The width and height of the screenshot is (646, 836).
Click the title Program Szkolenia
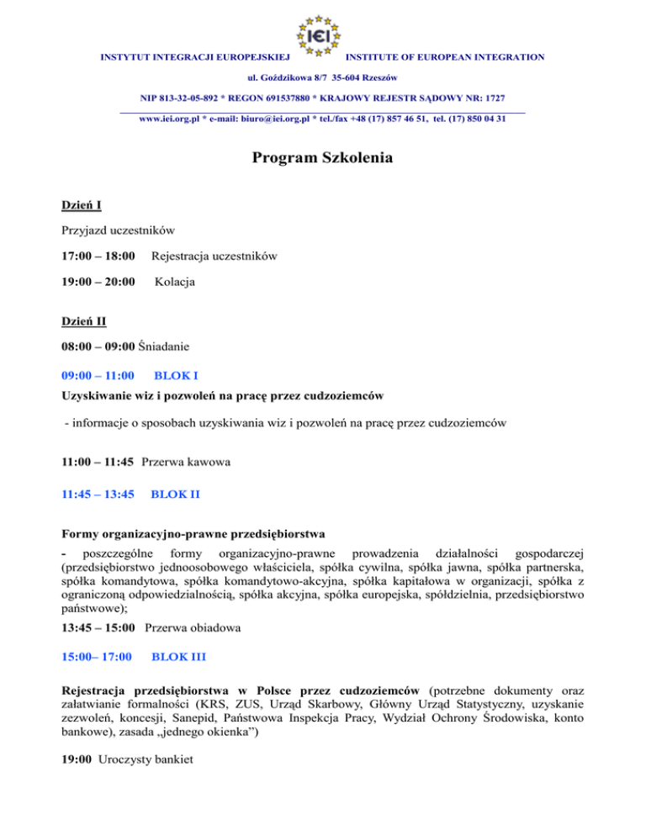coord(322,159)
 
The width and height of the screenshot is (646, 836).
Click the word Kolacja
coord(174,283)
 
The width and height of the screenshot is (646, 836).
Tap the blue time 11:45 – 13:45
coord(98,495)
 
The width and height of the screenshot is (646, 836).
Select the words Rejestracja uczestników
coord(214,256)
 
